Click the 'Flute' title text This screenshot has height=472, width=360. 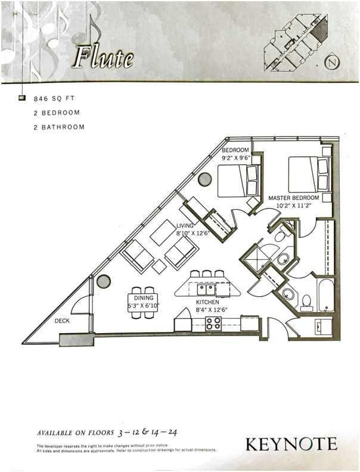[103, 58]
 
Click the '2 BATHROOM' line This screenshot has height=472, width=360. [59, 127]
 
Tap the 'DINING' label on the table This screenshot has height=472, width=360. [144, 298]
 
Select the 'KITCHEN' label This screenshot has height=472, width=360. [208, 302]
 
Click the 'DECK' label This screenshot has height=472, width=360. [63, 321]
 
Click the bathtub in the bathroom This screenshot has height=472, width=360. [326, 294]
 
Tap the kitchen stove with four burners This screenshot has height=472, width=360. [213, 324]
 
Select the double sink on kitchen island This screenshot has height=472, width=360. [206, 290]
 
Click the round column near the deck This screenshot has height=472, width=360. [104, 281]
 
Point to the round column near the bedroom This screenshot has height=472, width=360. [205, 179]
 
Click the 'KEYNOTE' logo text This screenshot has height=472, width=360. [291, 444]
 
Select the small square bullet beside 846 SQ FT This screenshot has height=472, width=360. [22, 97]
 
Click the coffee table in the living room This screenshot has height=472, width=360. [163, 232]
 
